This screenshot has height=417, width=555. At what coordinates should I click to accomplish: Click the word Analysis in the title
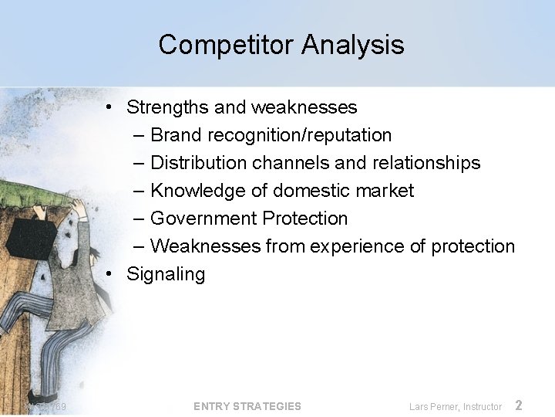click(x=352, y=45)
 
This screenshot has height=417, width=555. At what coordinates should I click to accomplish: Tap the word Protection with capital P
click(x=304, y=219)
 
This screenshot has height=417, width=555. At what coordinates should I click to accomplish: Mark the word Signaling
click(x=166, y=275)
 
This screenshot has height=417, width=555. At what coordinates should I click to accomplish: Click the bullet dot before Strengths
click(x=112, y=107)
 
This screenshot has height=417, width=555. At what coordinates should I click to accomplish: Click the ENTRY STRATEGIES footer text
click(x=247, y=406)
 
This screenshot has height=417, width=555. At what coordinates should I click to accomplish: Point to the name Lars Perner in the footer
click(x=434, y=406)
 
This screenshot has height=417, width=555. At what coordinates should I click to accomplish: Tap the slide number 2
click(x=519, y=405)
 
